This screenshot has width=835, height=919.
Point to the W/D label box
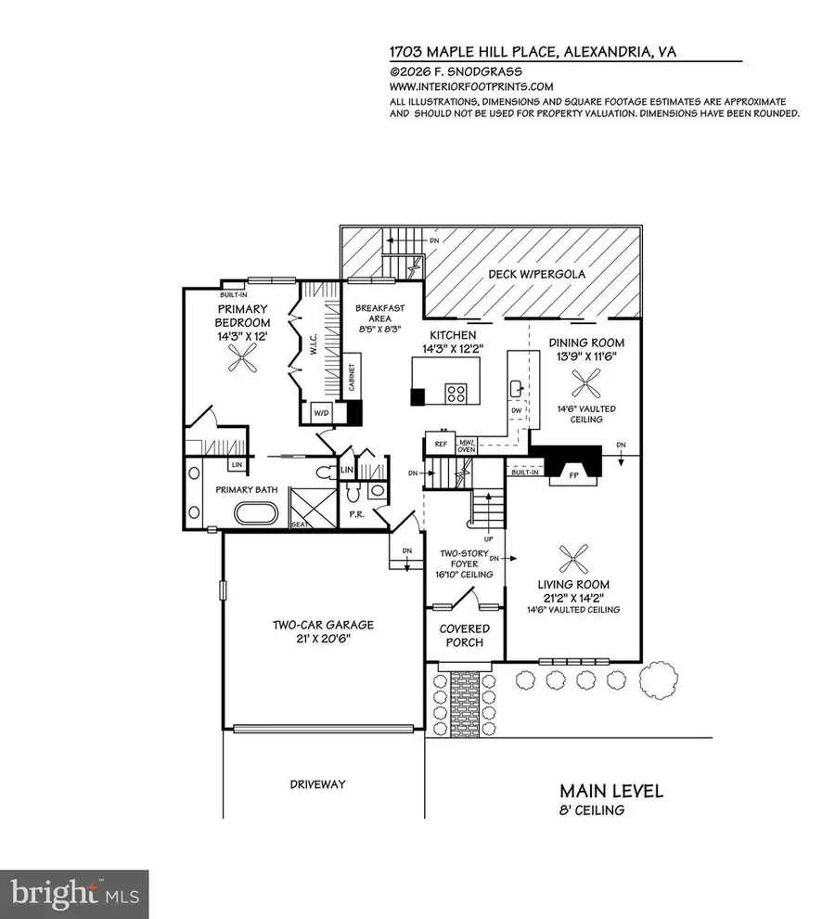point(322,412)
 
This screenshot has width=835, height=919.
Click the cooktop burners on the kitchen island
point(457,394)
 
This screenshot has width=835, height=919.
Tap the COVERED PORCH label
point(464,636)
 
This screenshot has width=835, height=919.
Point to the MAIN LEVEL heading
point(610,792)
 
